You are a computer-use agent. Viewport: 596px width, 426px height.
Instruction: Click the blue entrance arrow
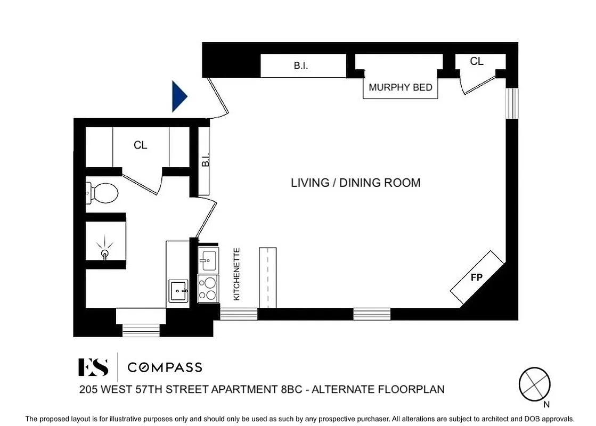[179, 96]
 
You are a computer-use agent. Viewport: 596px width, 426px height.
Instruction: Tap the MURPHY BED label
[401, 87]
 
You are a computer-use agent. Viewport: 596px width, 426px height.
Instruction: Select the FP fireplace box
[477, 277]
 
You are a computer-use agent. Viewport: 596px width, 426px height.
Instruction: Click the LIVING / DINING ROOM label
[355, 183]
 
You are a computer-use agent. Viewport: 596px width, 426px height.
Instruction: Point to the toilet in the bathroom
[102, 193]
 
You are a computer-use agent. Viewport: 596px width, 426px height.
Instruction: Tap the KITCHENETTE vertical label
[237, 274]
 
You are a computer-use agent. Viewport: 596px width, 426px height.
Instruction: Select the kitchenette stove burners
[208, 289]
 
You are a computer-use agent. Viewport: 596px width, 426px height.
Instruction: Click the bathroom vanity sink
[178, 291]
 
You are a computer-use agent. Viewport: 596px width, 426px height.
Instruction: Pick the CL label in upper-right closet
[476, 62]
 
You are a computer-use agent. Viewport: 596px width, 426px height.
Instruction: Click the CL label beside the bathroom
[140, 145]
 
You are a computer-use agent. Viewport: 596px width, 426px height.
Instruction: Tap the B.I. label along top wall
[301, 67]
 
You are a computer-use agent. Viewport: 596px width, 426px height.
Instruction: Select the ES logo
[94, 367]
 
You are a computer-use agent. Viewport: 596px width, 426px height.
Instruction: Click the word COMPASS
[165, 367]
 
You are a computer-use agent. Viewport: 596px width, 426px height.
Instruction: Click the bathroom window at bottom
[141, 331]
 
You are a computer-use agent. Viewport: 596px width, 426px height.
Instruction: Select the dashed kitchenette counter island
[268, 277]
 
